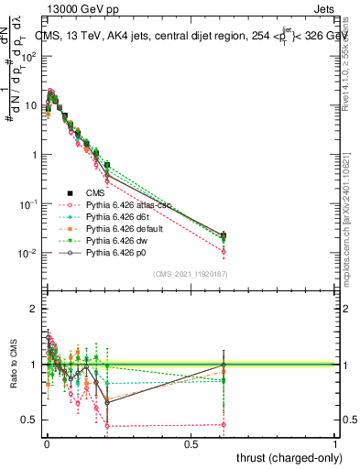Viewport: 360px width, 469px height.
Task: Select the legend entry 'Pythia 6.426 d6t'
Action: click(113, 217)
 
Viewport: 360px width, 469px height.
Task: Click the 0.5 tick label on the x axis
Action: click(191, 442)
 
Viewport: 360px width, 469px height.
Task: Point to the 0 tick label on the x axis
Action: click(47, 442)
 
